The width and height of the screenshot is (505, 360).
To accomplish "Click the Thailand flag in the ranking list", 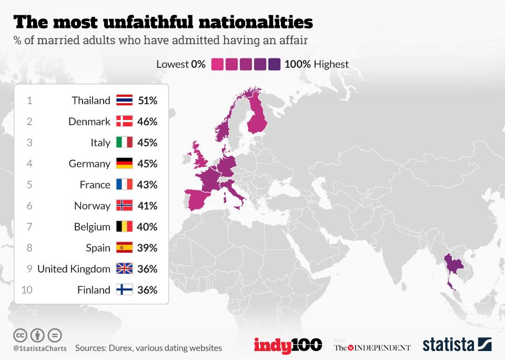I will [124, 101].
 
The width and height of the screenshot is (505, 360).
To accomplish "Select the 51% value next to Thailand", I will [147, 101].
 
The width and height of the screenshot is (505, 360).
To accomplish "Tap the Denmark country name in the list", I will [89, 122].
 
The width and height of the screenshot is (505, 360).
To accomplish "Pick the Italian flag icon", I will [124, 143].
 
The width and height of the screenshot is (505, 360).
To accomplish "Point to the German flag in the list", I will [124, 164].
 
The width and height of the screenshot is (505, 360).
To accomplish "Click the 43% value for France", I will [147, 185].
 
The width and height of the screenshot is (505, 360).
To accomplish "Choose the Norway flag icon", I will [124, 206].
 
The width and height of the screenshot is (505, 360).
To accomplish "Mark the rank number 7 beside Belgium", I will [29, 227].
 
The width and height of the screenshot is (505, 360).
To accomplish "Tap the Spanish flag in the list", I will [124, 248].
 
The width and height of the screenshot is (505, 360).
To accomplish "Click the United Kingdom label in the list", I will [74, 269].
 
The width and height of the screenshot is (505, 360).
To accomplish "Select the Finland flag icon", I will [124, 290].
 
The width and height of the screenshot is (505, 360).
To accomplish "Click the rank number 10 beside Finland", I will [28, 290].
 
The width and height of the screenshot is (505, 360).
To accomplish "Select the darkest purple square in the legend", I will [274, 64].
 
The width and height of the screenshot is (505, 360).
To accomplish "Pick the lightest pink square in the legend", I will [217, 64].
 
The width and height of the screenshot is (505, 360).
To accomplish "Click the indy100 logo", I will [288, 345].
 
